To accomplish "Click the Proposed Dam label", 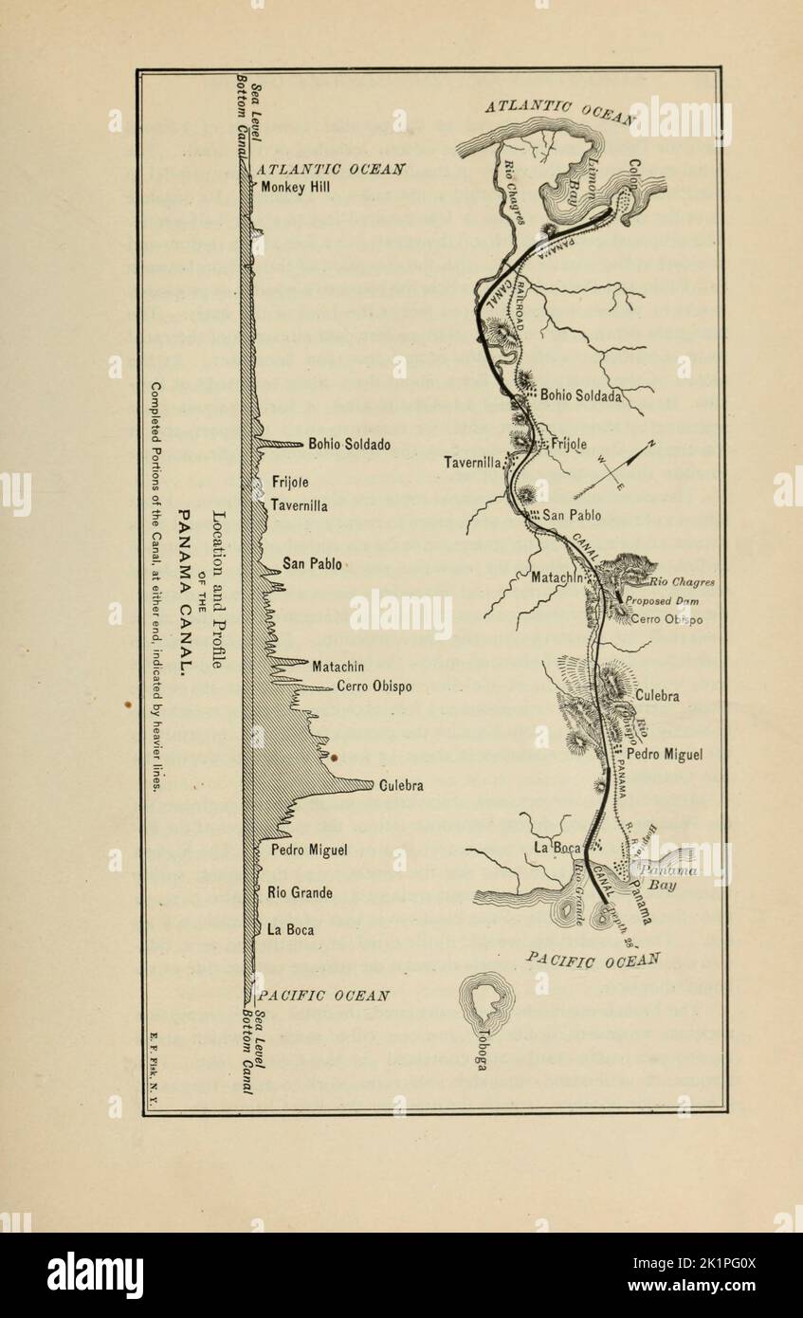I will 661,600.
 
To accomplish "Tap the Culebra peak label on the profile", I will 401,785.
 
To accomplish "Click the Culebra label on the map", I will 657,696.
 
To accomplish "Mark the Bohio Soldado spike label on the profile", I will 349,444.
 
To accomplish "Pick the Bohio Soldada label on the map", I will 580,396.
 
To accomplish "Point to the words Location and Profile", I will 217,591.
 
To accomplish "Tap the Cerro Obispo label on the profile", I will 374,686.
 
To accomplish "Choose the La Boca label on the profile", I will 290,929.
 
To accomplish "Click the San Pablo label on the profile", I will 312,564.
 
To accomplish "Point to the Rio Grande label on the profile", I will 300,892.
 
